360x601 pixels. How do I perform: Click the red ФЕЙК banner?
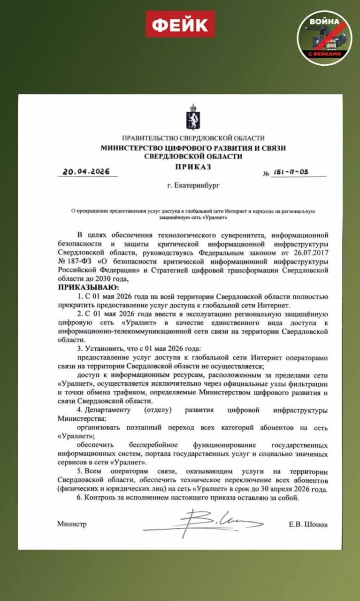point(180,24)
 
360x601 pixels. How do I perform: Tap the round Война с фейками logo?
point(324,37)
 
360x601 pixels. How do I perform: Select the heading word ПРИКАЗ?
point(193,166)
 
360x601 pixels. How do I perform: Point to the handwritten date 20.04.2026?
point(84,171)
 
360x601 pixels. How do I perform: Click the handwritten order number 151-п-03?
point(292,172)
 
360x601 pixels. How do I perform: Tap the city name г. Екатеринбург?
point(193,185)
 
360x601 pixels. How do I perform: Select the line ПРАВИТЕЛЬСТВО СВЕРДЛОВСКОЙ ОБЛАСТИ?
point(193,138)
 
